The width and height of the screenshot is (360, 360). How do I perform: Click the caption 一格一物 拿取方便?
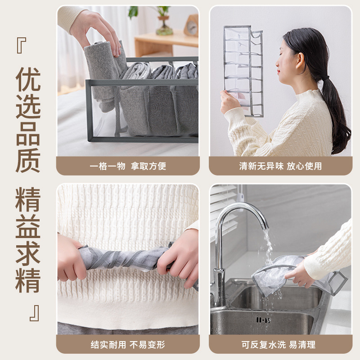(x=128, y=166)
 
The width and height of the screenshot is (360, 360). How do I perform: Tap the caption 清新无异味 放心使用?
(x=280, y=166)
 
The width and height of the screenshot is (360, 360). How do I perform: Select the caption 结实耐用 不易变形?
(x=128, y=345)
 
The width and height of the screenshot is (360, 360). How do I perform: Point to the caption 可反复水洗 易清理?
(x=280, y=345)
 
